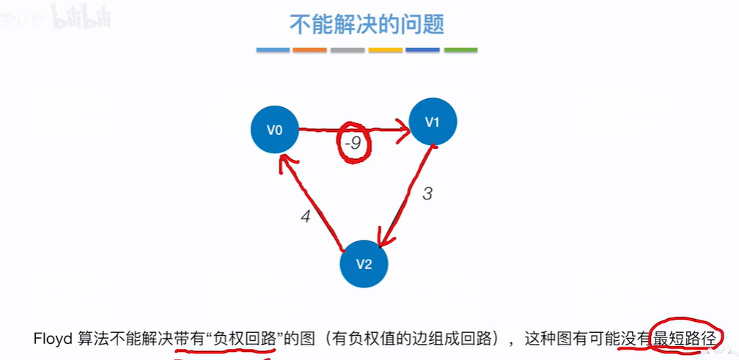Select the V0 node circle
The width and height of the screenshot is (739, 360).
274,131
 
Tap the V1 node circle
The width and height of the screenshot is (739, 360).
433,121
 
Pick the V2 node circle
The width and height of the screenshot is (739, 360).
364,264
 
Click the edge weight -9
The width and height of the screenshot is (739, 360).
353,144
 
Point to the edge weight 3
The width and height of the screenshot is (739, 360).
428,194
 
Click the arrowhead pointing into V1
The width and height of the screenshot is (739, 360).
402,133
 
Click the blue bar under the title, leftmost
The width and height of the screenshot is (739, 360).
273,50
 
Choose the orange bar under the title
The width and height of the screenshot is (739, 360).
309,50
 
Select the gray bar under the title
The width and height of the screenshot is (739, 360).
348,50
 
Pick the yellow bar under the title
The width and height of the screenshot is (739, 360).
385,50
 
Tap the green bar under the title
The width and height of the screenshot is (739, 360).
460,50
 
